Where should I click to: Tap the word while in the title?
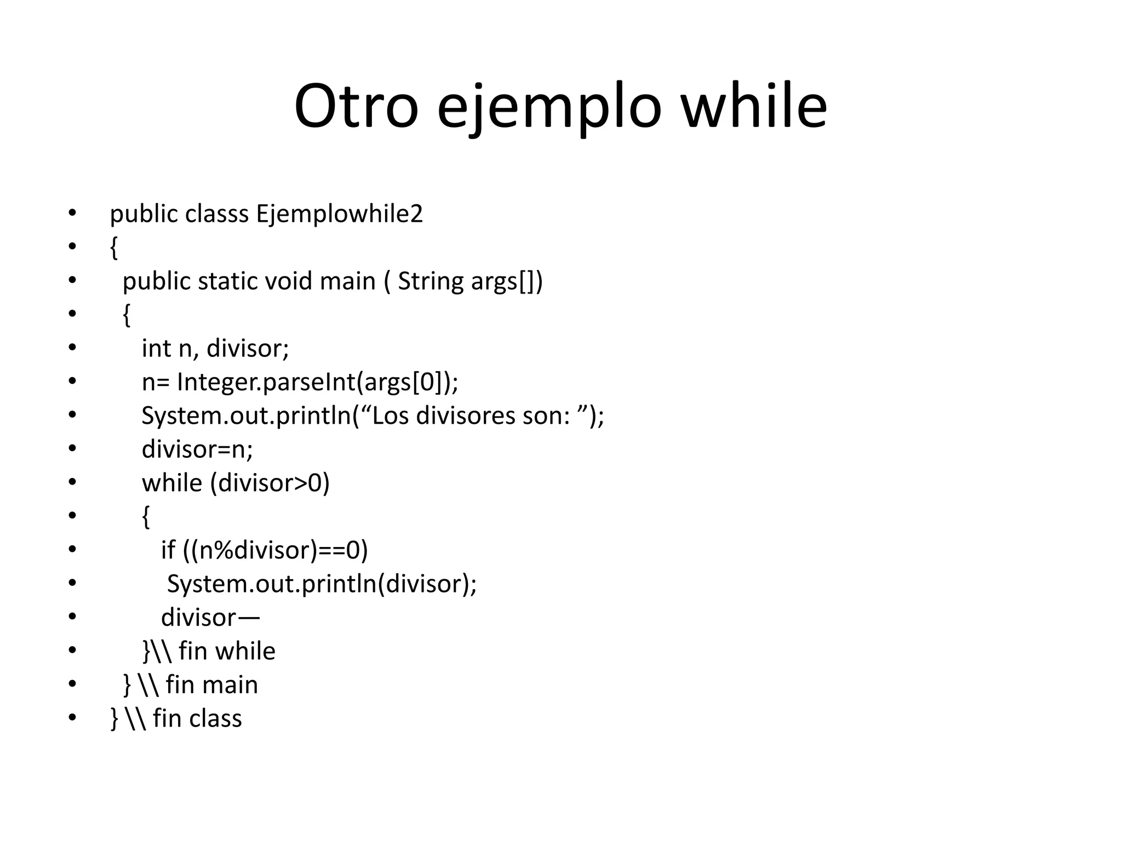753,106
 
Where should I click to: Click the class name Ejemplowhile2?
340,215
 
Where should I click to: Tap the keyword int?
156,348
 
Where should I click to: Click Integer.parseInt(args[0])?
318,382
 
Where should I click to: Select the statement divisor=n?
197,450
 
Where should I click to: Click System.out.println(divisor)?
322,584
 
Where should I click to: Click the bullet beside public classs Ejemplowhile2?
72,214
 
